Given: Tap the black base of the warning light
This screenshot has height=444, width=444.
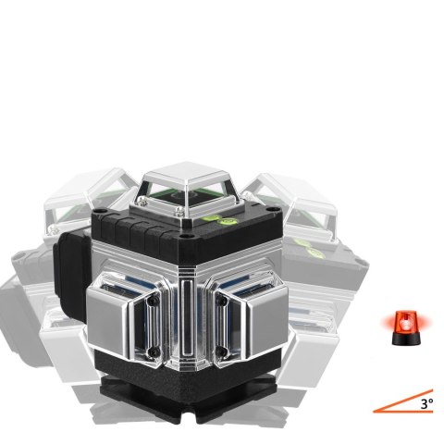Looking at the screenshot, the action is point(406,339).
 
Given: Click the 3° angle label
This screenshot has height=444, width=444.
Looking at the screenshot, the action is point(427,404).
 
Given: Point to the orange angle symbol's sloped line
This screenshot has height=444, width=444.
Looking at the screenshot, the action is point(403,401).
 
